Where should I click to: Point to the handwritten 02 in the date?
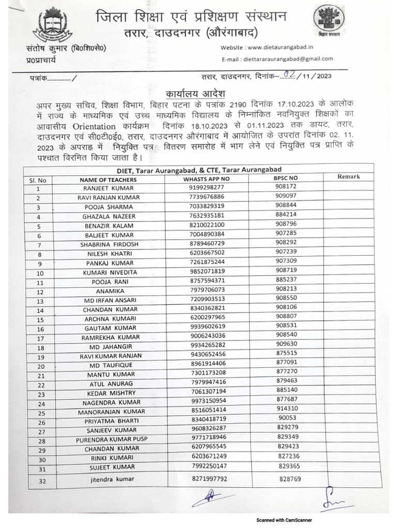pyautogui.click(x=291, y=75)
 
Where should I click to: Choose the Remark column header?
pyautogui.click(x=348, y=177)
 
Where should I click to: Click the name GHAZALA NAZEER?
pyautogui.click(x=108, y=216)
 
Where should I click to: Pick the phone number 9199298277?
pyautogui.click(x=207, y=187)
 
